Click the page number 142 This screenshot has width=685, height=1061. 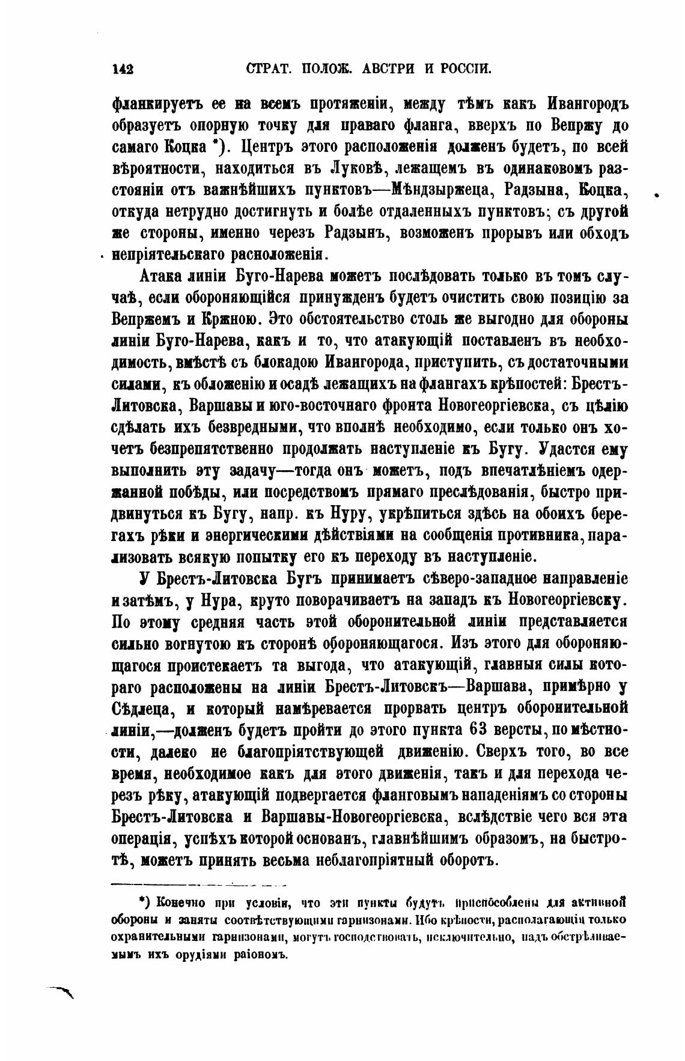122,69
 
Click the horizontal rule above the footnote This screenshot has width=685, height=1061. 198,884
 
